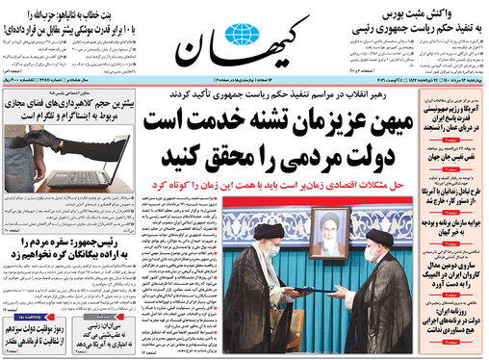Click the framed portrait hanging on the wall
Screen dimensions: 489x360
(x=330, y=234)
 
